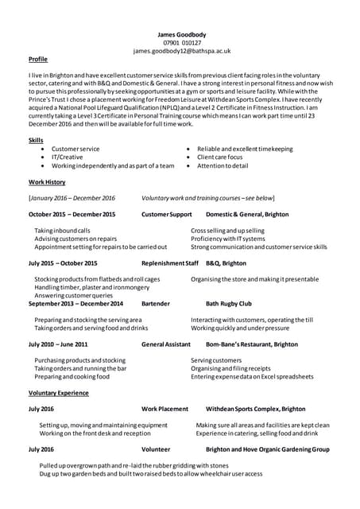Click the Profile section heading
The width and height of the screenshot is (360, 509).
click(x=37, y=60)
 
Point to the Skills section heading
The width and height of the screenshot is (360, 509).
click(x=35, y=140)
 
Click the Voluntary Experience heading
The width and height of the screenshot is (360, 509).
click(x=58, y=393)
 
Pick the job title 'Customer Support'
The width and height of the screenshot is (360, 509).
click(x=166, y=215)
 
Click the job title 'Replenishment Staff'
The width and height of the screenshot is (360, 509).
click(x=169, y=262)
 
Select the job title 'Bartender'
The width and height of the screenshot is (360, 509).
click(x=155, y=303)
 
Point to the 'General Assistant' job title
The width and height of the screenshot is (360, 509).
click(x=165, y=344)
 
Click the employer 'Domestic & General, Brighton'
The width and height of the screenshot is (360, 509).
click(x=247, y=215)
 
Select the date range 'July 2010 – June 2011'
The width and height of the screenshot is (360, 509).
click(x=58, y=344)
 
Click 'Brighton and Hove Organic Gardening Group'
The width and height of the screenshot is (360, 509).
click(x=267, y=449)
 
